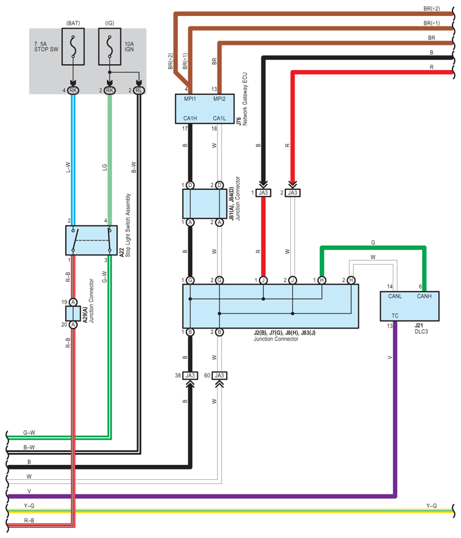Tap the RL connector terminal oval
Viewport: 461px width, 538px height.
pos(139,90)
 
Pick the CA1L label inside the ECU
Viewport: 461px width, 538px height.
pos(220,118)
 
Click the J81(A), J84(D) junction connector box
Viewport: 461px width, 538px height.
pos(204,204)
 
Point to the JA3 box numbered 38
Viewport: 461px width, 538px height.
pos(190,375)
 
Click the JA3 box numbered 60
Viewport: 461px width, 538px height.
pos(220,375)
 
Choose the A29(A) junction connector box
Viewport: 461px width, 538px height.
pos(73,313)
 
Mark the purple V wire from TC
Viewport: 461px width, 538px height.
pos(395,411)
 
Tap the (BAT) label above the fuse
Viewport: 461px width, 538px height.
pos(73,23)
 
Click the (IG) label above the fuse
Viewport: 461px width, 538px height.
pos(110,23)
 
